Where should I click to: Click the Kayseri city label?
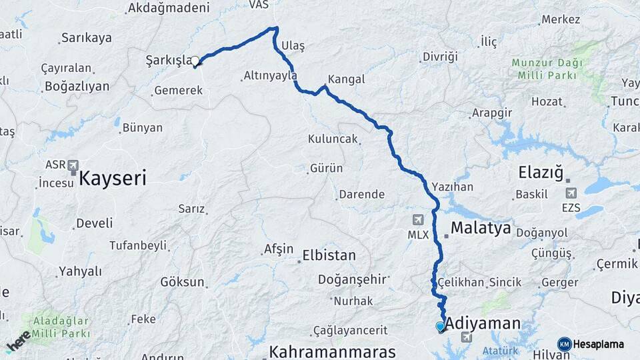pos(112,178)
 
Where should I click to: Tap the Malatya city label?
pos(481,229)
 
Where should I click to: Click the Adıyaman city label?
pos(483,324)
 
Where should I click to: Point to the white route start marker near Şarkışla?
pos(195,62)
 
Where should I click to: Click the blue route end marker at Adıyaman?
pos(440,326)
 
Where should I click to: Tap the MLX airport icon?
pos(418,219)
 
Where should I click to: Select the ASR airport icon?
pos(73,165)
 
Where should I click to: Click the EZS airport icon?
pos(571,193)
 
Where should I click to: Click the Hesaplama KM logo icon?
pos(565,344)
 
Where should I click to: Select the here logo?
pos(18,341)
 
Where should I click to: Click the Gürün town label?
pos(326,169)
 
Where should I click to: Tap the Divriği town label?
pos(440,57)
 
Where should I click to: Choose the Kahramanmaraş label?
pos(332,351)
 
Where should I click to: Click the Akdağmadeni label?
pos(168,8)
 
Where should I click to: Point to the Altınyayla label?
pos(270,76)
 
